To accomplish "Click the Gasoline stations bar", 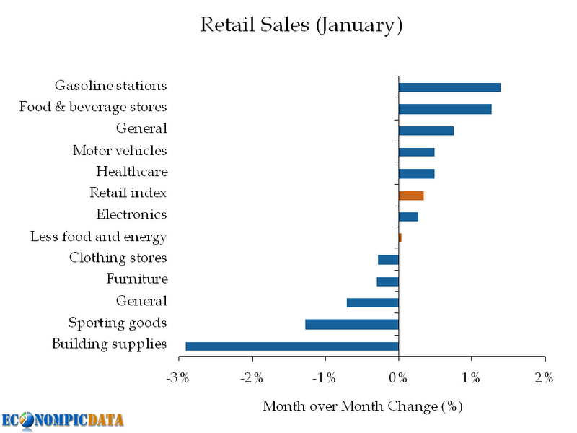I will pos(449,87).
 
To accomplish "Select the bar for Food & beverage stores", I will pos(445,109).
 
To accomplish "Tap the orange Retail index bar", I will pos(411,196).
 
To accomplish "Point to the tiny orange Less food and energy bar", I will pos(400,237).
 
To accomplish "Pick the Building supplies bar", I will pos(292,346).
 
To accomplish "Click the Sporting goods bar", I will pos(352,325).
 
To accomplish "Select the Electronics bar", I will pos(408,216).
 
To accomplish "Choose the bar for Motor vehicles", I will pos(416,152).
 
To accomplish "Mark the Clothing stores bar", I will pos(388,260).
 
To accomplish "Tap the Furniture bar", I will pos(387,281).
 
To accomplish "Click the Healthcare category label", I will pos(132,172).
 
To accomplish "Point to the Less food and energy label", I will pos(99,237).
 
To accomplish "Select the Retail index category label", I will pos(128,193).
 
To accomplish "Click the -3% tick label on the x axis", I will pos(179,377).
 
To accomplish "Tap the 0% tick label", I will pos(399,377).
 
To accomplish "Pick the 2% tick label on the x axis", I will pos(544,377).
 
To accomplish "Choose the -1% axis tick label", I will pos(325,377).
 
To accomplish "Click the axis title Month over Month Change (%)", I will pos(362,406).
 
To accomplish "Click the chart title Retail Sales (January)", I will pos(301,25).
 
